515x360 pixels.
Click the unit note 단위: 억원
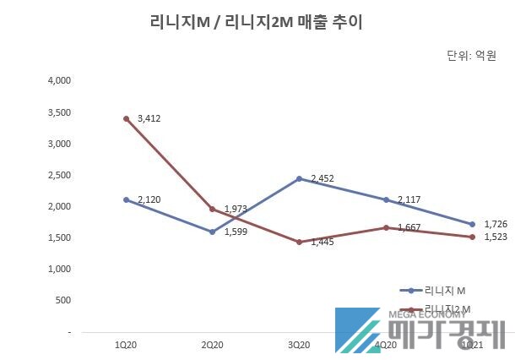pos(471,57)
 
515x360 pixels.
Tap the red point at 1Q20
pos(126,118)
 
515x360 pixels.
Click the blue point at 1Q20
pos(126,199)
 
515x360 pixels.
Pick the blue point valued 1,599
pos(213,232)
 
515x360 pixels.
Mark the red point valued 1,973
pos(213,209)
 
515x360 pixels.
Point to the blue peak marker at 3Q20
pos(299,178)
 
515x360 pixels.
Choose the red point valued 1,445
pos(299,242)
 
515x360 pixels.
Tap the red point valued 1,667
pos(386,227)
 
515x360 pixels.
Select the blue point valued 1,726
pos(473,224)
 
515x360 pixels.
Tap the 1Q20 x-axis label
pos(126,345)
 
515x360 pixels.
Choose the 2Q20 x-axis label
pos(213,345)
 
